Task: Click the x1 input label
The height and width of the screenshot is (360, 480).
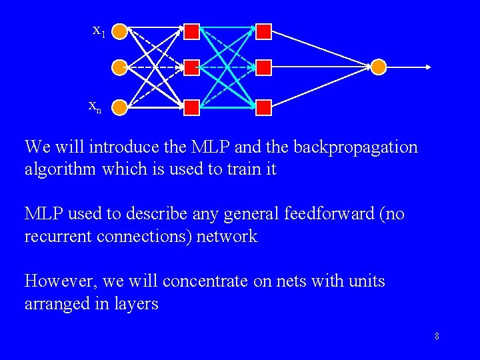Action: (99, 30)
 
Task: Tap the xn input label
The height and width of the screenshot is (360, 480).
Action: (95, 106)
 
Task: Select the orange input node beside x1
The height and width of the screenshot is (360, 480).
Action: (119, 31)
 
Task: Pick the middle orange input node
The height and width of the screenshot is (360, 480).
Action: (119, 67)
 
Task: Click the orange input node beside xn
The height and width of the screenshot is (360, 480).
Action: (119, 107)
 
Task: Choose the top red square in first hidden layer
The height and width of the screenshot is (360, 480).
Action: (192, 31)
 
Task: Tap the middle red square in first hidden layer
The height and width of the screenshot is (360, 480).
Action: (192, 67)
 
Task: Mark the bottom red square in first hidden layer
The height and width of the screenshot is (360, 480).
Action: (192, 107)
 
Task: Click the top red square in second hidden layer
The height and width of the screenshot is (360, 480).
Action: (264, 31)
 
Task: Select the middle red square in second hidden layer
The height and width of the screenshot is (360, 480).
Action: (264, 67)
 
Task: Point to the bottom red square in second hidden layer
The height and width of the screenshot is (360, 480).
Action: (264, 107)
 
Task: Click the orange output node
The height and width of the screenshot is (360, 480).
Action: (378, 67)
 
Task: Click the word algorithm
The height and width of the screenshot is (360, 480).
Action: (61, 169)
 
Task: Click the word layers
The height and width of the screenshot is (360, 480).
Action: (135, 304)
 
